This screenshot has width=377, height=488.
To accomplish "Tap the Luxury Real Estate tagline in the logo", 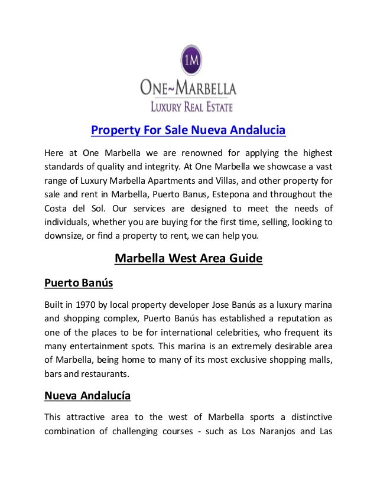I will tap(186, 107).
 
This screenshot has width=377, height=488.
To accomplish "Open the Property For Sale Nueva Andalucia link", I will tap(187, 129).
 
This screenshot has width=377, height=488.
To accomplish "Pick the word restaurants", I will tap(106, 374).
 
